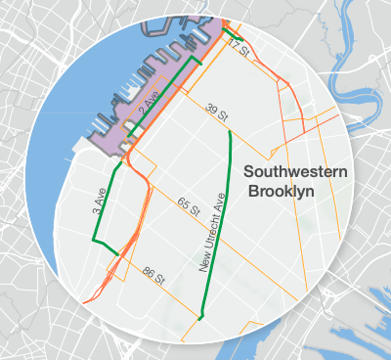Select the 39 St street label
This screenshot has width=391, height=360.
[x=217, y=110]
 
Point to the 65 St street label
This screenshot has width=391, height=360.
[x=189, y=205]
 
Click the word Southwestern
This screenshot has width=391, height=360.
[x=295, y=172]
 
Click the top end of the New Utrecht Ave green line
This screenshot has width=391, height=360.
[x=231, y=132]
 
